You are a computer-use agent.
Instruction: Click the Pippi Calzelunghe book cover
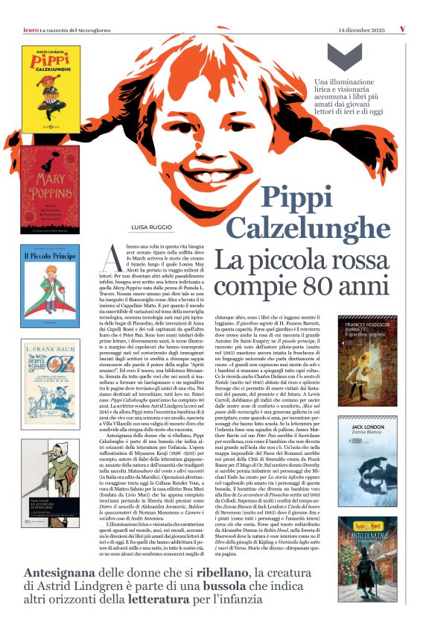click(51, 89)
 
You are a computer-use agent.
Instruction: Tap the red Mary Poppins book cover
click(50, 189)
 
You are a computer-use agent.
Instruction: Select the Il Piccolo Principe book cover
click(49, 285)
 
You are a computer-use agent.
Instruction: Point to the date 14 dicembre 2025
click(361, 29)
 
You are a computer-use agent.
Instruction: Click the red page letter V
click(402, 29)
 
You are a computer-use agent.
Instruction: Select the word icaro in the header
click(31, 29)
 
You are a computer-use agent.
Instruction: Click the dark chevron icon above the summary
click(345, 57)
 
